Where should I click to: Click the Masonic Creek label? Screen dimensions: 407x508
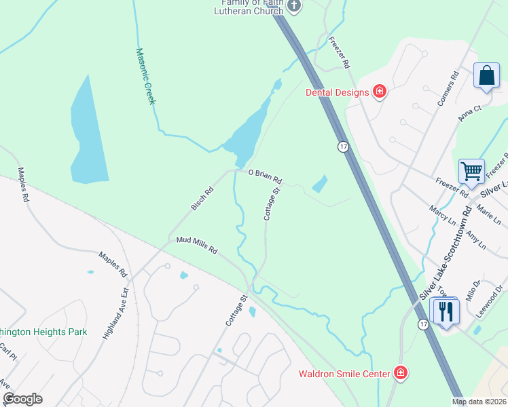pos(145,75)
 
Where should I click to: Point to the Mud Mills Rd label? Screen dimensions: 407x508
pos(196,246)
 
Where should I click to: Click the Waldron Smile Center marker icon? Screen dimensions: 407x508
pos(401,373)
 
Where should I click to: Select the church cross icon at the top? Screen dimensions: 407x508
pos(294,7)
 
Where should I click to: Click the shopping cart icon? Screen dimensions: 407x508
pos(471,171)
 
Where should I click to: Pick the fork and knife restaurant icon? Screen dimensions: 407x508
pos(446,311)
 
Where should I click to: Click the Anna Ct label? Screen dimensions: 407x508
pos(469,113)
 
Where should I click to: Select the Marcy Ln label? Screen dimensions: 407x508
pos(443,214)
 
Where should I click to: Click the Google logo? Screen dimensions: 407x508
pos(22,399)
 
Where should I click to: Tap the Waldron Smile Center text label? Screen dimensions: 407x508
pos(344,374)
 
